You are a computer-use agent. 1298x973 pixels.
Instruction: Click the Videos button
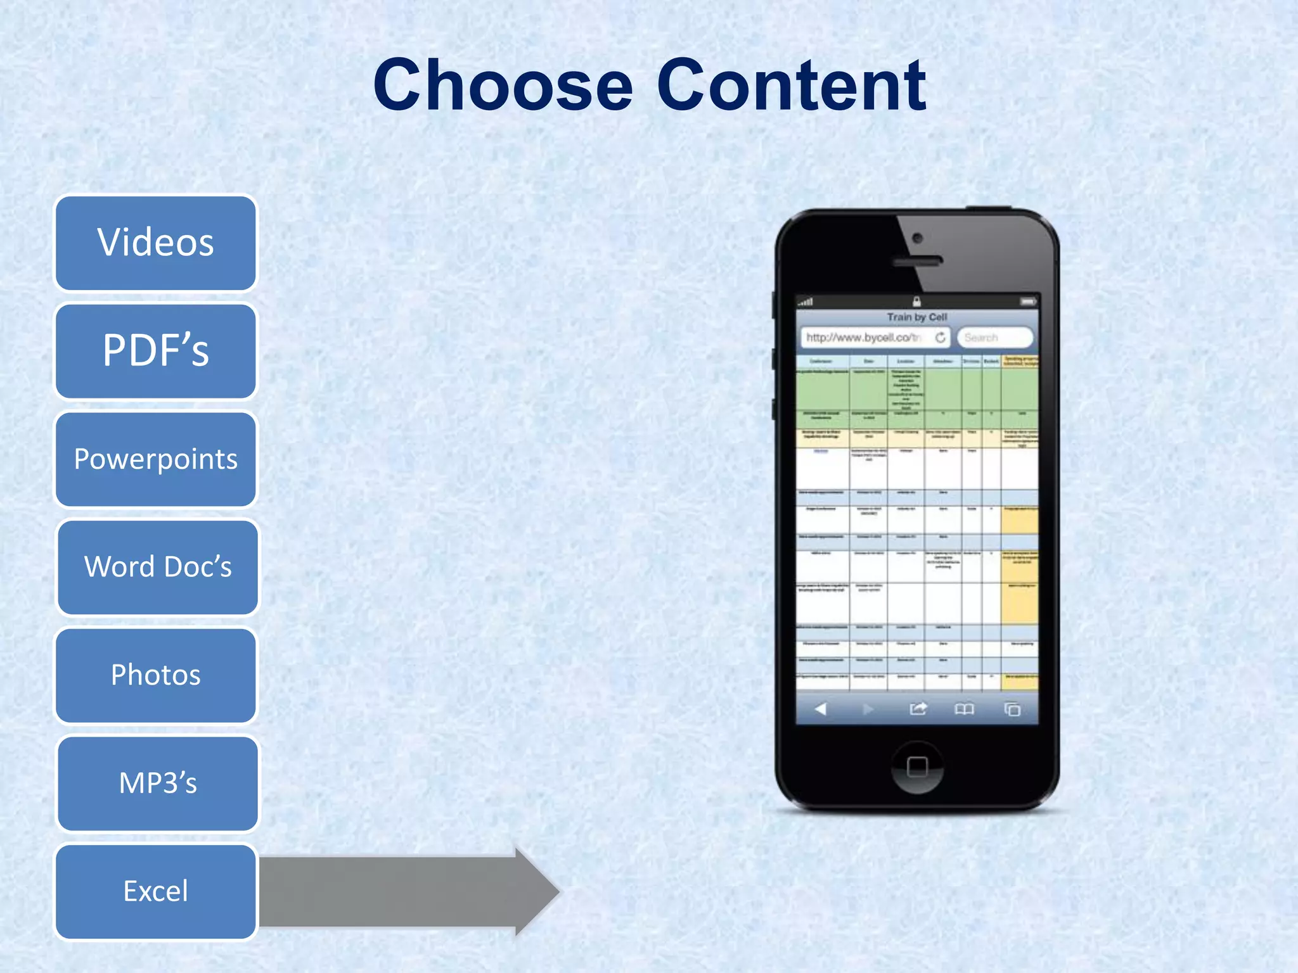coord(156,243)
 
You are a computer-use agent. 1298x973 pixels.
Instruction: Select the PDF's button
coord(156,351)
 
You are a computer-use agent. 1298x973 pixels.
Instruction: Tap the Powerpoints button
coord(156,459)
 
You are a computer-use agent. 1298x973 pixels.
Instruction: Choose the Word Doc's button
coord(158,567)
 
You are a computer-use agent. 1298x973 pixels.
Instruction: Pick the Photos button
coord(156,675)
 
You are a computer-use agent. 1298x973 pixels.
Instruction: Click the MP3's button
coord(158,783)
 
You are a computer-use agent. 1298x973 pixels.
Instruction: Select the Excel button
coord(156,891)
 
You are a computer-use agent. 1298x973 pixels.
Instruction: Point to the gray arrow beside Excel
coord(406,891)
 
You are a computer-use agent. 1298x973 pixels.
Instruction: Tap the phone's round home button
coord(916,767)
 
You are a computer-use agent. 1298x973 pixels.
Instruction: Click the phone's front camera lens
coord(917,239)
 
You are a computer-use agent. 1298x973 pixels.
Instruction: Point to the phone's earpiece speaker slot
coord(917,261)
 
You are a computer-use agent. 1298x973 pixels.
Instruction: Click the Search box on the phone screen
coord(994,338)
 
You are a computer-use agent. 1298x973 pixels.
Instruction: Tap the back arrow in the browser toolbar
coord(821,709)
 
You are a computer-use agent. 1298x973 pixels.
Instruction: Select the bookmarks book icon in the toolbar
coord(964,709)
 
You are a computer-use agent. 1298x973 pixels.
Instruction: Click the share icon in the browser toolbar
coord(918,709)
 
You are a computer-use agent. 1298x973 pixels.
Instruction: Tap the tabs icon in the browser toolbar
coord(1012,709)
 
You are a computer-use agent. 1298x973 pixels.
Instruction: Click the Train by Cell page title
coord(916,317)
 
